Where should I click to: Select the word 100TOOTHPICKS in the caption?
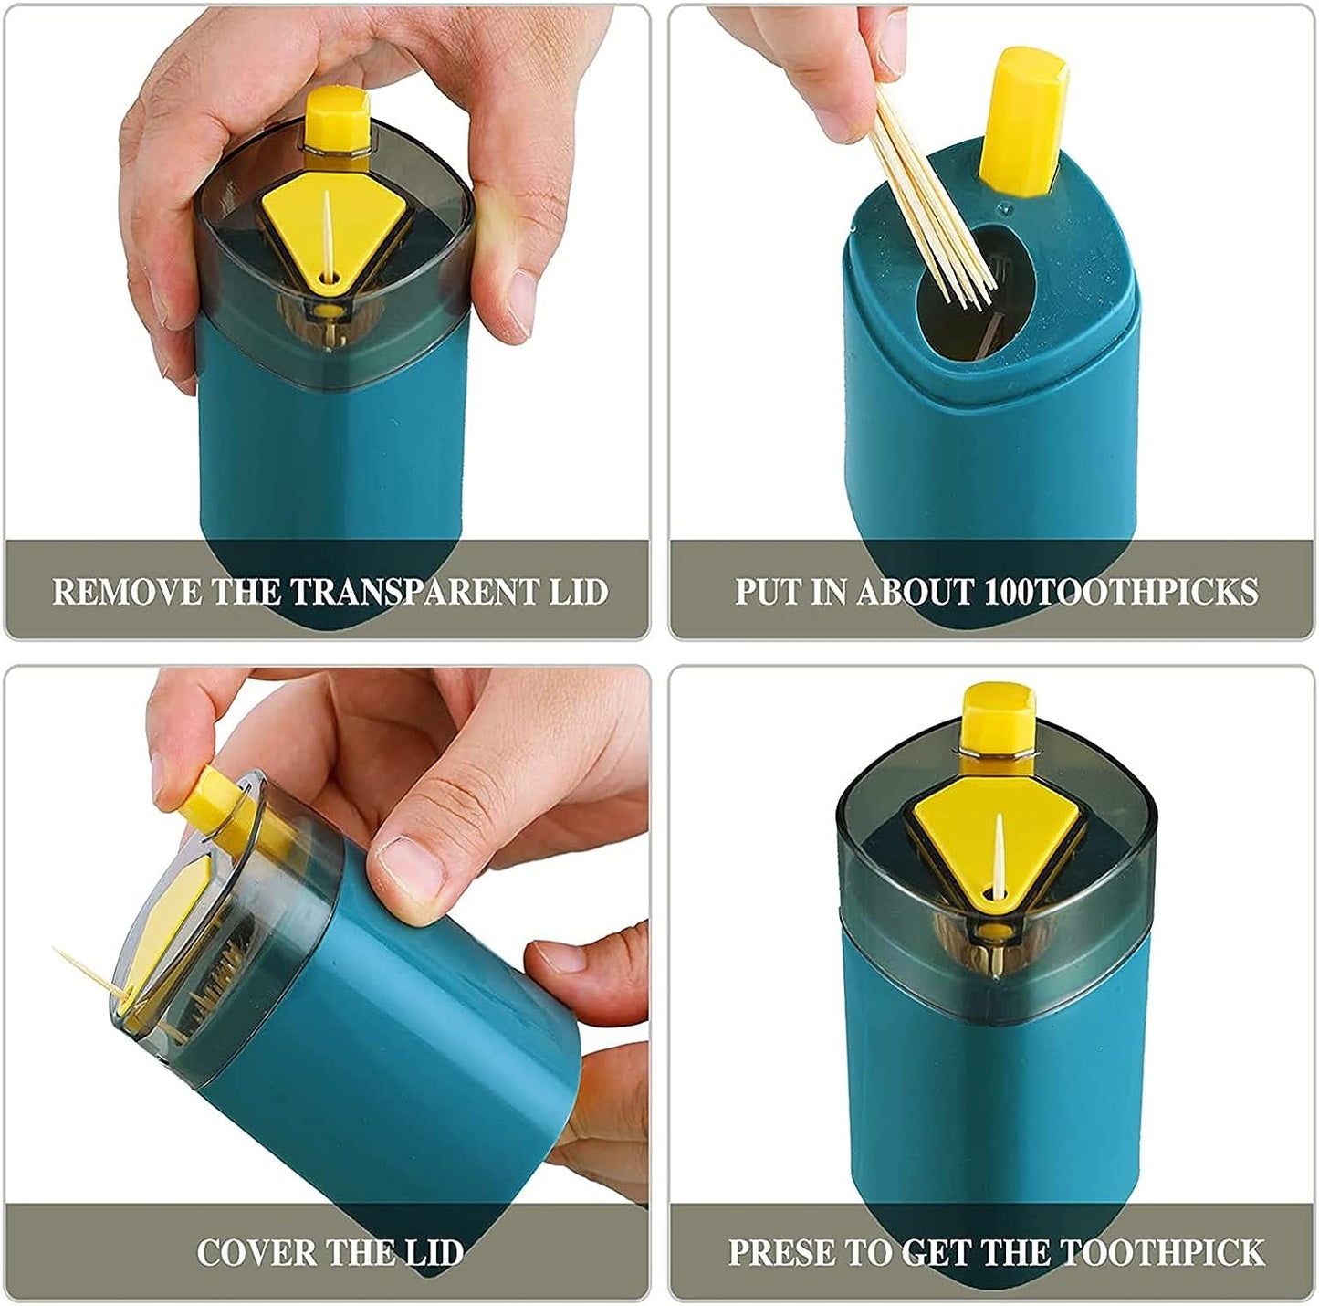click(1121, 592)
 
